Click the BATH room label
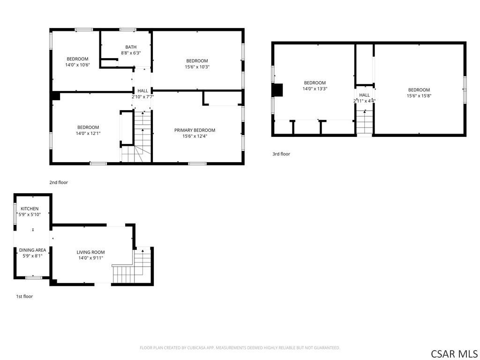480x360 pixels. (x=131, y=47)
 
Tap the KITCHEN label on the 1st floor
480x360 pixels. (x=30, y=209)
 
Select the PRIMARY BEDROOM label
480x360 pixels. (x=195, y=130)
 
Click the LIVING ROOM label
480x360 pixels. (x=90, y=252)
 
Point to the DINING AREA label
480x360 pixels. (x=32, y=250)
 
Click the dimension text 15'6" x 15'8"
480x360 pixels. (x=419, y=96)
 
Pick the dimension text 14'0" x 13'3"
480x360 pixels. (x=315, y=89)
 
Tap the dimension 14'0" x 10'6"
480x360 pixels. (x=77, y=65)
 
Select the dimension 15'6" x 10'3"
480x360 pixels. (x=197, y=67)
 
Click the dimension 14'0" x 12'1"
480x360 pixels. (x=88, y=134)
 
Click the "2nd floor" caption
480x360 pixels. (x=59, y=182)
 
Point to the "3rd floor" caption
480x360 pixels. (x=281, y=154)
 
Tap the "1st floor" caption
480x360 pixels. (x=24, y=296)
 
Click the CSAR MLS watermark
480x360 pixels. (x=454, y=354)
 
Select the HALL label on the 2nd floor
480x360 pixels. (x=142, y=91)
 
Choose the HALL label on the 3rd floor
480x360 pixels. (x=364, y=95)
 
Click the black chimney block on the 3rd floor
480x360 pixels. (x=277, y=90)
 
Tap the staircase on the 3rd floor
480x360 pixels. (x=364, y=122)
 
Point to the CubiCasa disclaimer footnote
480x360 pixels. (x=240, y=348)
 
